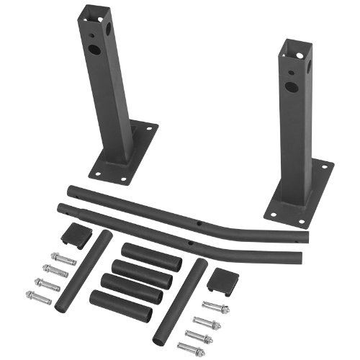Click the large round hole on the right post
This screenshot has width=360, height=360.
click(x=291, y=87)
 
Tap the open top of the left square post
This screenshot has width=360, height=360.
click(x=95, y=12)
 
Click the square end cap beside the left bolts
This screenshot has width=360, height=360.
click(x=76, y=233)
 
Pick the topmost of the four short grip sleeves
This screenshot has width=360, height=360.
click(x=151, y=257)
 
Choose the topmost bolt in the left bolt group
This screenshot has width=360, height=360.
click(x=63, y=258)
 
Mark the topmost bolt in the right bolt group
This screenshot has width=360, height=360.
click(x=215, y=307)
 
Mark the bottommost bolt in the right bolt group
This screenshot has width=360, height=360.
click(x=192, y=348)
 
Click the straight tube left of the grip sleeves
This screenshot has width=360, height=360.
click(x=84, y=271)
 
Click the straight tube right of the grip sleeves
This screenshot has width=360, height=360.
click(x=180, y=302)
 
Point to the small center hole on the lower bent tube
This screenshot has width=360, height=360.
click(x=190, y=244)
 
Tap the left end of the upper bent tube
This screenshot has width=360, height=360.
click(x=68, y=191)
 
